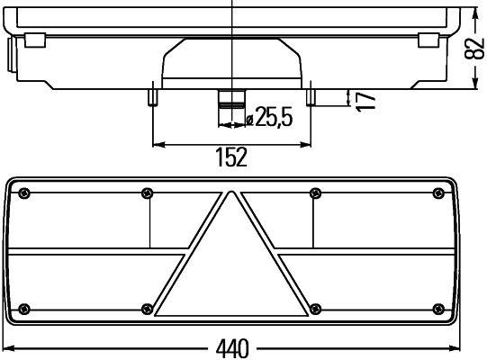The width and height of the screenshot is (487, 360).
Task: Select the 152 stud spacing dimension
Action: pos(230,157)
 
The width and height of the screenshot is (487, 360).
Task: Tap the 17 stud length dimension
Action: pos(364,99)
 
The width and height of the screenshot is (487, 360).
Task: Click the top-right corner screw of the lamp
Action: pos(438,193)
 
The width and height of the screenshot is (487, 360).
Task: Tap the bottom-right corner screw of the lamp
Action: pos(438,307)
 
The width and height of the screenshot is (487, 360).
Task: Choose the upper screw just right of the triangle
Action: pos(315,193)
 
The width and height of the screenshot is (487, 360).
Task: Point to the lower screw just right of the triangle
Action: pos(315,307)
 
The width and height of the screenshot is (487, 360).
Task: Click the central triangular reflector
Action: pos(232,270)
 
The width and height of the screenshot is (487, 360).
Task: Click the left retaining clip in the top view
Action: pos(36,40)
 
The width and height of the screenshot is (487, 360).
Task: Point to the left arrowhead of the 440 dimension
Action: pos(7,347)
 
